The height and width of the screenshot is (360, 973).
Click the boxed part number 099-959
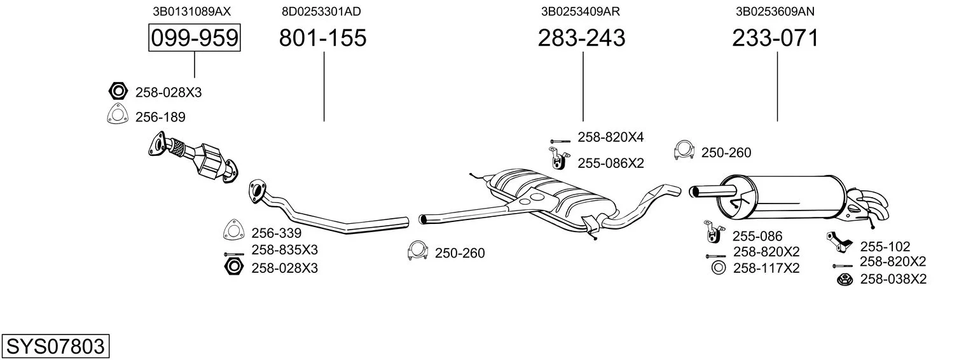pos(195,38)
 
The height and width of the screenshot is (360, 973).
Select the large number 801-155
pos(322,38)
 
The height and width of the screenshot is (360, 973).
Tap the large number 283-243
pos(582,38)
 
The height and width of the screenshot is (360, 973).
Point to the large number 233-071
pos(775,38)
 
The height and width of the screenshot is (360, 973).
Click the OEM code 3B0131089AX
pos(191,11)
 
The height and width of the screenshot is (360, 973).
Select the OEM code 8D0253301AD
pos(321,11)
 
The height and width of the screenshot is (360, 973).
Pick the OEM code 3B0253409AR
pos(581,11)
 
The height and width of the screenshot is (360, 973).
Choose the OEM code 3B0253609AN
pos(775,11)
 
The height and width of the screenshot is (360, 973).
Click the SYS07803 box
pos(55,347)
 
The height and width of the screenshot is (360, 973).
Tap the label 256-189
pos(160,117)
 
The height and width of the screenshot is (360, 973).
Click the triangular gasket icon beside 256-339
pos(234,230)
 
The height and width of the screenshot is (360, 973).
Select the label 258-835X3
pos(284,250)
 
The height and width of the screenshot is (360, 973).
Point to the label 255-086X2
pos(611,163)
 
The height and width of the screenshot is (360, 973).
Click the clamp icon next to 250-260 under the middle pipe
pos(418,250)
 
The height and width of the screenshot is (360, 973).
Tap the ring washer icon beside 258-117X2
pos(719,268)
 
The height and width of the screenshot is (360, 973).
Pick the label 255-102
pos(885,247)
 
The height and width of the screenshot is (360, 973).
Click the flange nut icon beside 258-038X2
pos(845,279)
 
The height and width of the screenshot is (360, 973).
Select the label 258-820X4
pos(611,137)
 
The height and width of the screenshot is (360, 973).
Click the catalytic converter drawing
pos(193,160)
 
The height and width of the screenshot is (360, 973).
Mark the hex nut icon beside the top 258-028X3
pos(118,92)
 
